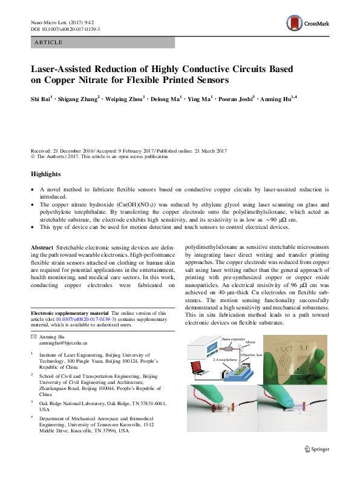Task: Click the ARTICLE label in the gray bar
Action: (x=49, y=42)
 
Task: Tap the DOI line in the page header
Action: (x=65, y=29)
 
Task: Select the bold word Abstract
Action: (x=42, y=248)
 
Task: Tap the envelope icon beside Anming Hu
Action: (x=34, y=336)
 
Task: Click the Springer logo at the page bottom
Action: (x=316, y=449)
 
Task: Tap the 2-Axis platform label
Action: (x=225, y=359)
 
